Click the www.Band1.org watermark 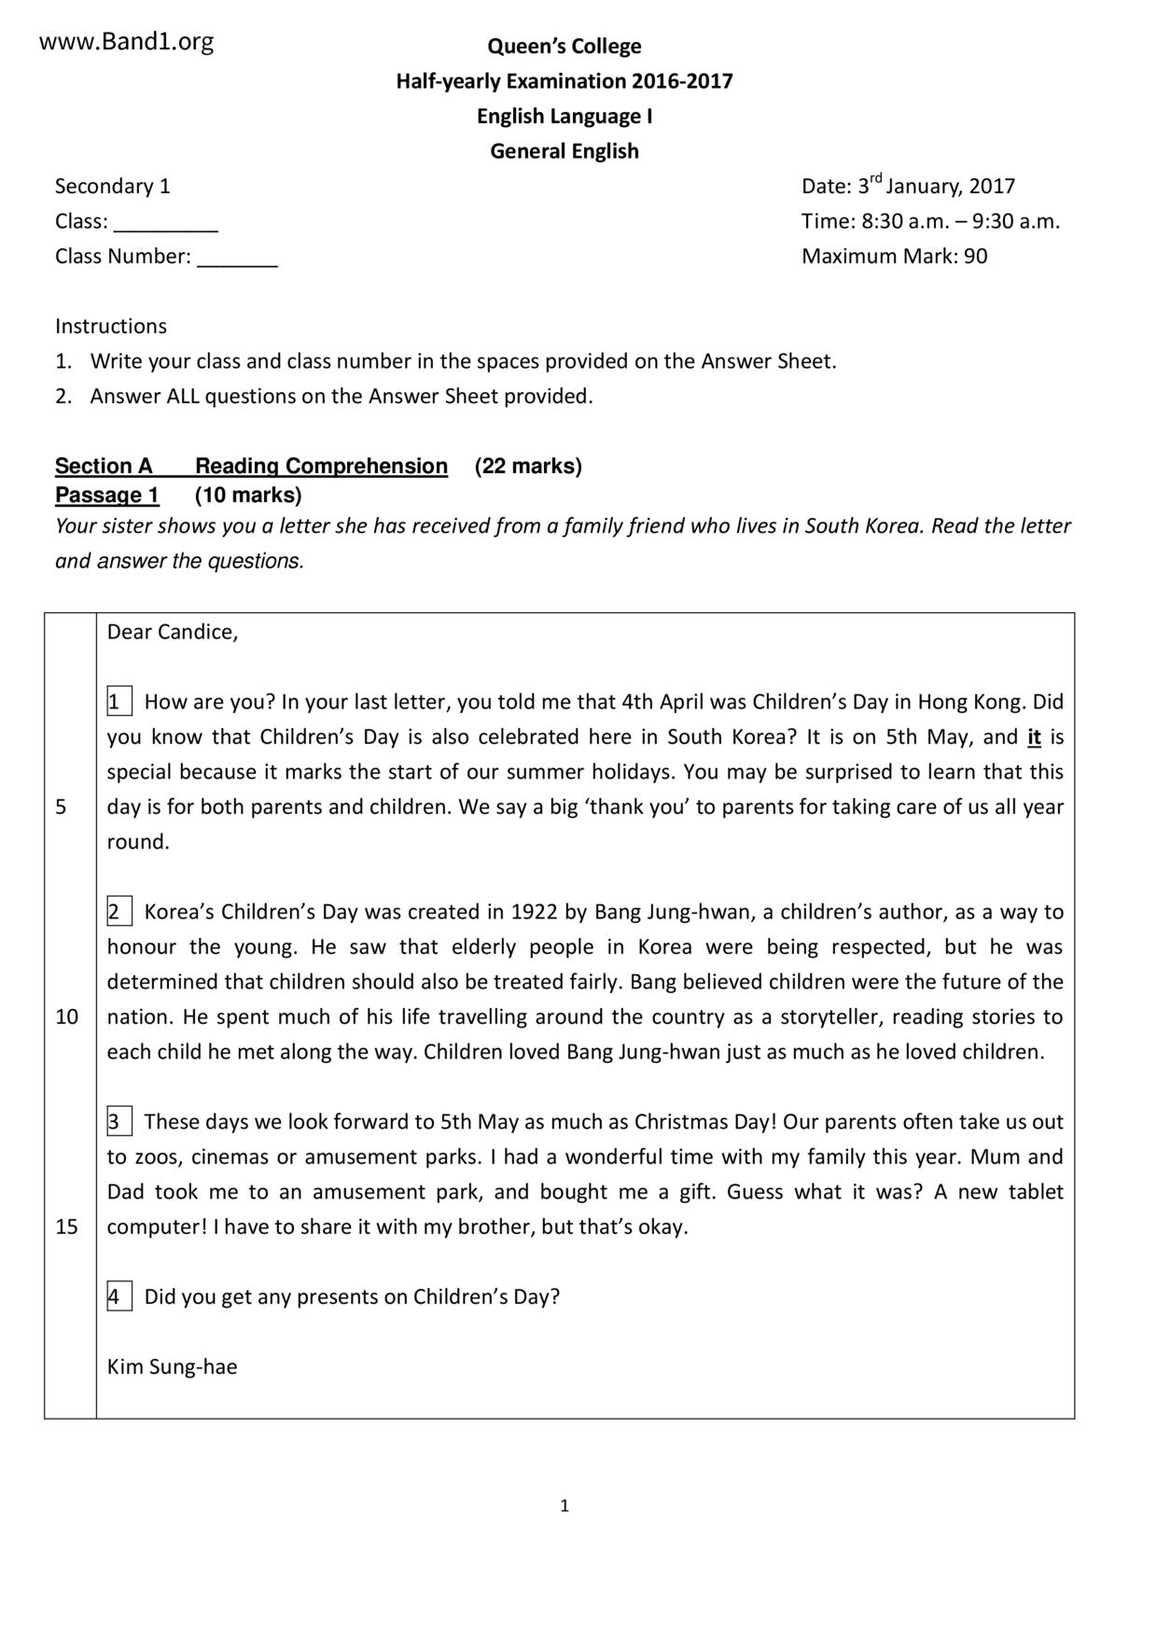[x=126, y=41]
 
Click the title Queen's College [x=565, y=46]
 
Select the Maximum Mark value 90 [x=976, y=257]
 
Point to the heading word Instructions [x=111, y=326]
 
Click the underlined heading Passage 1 [x=107, y=495]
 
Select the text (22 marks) [x=528, y=466]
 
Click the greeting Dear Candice [x=173, y=632]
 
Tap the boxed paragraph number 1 [x=118, y=702]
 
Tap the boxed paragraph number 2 [x=118, y=912]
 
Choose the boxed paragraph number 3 [x=118, y=1122]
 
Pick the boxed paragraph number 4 [x=118, y=1296]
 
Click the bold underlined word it [x=1034, y=737]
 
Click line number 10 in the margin [x=67, y=1017]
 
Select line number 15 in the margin [x=67, y=1226]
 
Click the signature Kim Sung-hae [x=173, y=1366]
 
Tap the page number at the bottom [x=565, y=1505]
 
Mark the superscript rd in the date [x=875, y=178]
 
